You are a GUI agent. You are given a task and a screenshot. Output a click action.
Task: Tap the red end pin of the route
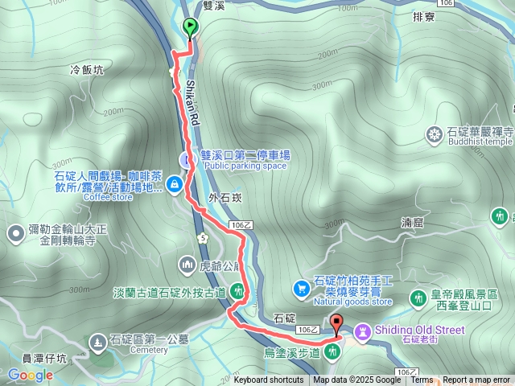[336, 326]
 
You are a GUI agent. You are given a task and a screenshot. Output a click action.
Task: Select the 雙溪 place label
[214, 5]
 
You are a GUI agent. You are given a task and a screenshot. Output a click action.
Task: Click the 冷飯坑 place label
[88, 70]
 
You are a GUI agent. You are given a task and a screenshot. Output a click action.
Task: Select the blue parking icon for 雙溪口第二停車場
[188, 160]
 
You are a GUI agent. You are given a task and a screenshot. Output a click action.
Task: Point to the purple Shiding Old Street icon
[362, 331]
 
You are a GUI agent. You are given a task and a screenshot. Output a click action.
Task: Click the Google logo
[31, 375]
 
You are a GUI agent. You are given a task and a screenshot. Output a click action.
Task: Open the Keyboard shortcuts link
[268, 380]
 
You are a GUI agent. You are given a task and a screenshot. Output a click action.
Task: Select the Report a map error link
[476, 380]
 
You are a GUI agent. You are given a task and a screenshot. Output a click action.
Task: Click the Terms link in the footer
[422, 380]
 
